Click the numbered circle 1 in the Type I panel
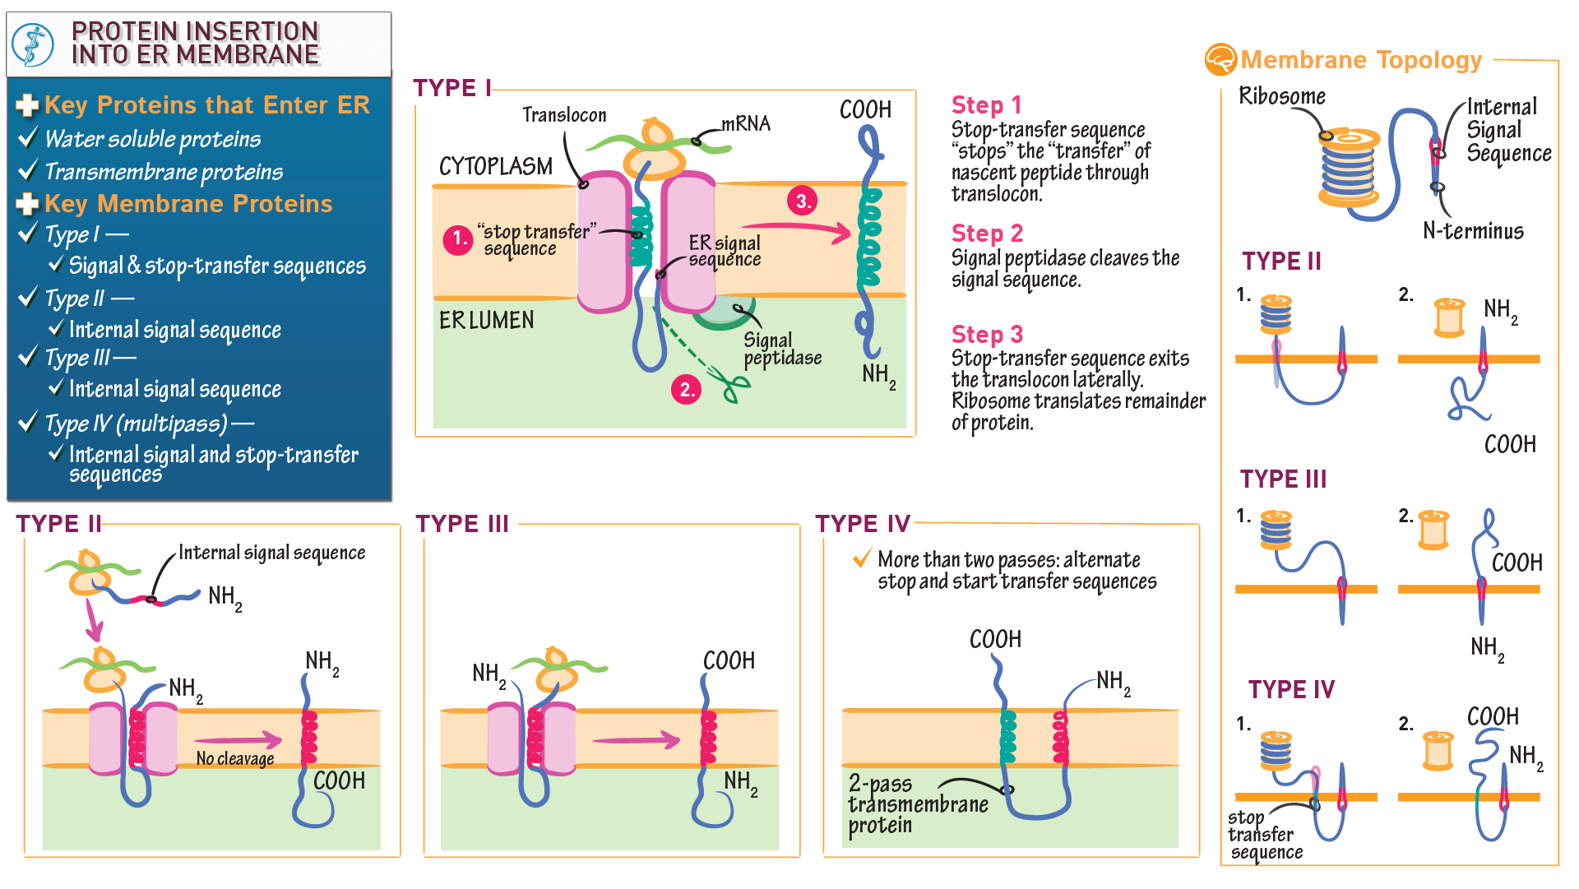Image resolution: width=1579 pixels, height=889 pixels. tap(457, 239)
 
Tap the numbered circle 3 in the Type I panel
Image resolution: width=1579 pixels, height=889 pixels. tap(802, 201)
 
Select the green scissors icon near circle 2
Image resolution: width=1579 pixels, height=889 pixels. tap(734, 387)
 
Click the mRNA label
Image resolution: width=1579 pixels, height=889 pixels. tap(746, 124)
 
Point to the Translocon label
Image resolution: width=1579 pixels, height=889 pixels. tap(564, 115)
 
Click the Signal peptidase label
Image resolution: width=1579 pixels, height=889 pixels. tap(782, 350)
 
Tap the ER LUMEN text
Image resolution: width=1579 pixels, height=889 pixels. tap(486, 320)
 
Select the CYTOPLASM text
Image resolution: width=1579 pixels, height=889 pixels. tap(495, 167)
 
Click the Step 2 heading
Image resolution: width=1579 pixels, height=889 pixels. tap(987, 234)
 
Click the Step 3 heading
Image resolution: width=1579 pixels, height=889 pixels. tap(987, 335)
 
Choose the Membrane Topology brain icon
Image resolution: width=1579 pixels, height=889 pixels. tap(1220, 60)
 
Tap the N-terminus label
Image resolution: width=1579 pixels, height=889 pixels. tap(1473, 231)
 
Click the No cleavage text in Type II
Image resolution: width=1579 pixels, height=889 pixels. tap(235, 758)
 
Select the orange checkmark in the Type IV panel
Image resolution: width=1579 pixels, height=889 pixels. tap(862, 558)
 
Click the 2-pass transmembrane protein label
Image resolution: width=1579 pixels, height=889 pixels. tap(917, 804)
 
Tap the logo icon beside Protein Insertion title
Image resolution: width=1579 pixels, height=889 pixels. tap(34, 44)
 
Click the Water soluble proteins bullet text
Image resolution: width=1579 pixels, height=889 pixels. tap(152, 139)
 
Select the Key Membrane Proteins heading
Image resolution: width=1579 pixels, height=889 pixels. tap(188, 204)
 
